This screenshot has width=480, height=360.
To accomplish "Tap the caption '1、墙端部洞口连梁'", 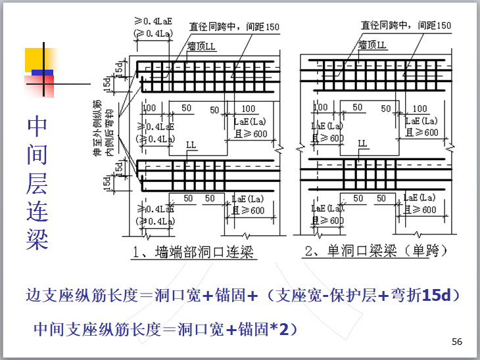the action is [x=192, y=252].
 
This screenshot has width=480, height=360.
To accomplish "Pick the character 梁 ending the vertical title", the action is [x=37, y=238].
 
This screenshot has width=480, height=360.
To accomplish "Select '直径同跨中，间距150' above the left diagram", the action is [x=234, y=27].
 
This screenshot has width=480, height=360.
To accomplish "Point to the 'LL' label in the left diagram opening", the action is [x=191, y=144].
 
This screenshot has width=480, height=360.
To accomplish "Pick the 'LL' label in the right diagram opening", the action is [x=362, y=143].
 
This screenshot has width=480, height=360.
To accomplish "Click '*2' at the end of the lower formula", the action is [x=280, y=328].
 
